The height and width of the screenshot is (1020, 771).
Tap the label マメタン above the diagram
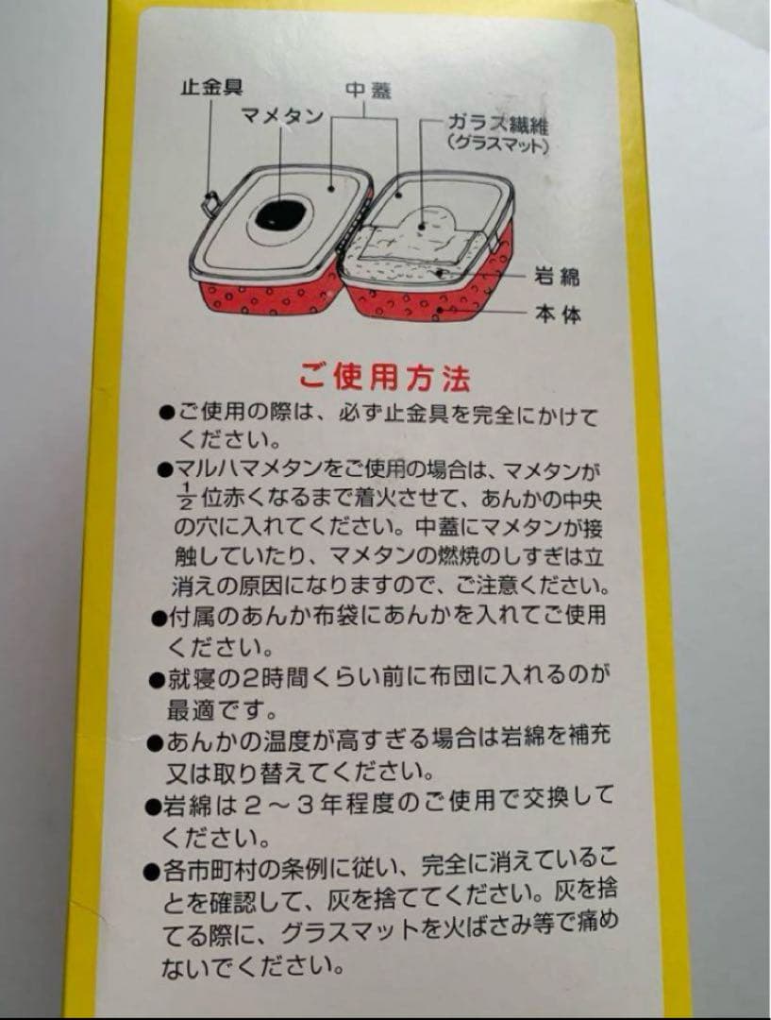282,117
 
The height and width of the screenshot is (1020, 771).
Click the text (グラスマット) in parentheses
499,146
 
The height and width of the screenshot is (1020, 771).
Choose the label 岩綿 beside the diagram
557,277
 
